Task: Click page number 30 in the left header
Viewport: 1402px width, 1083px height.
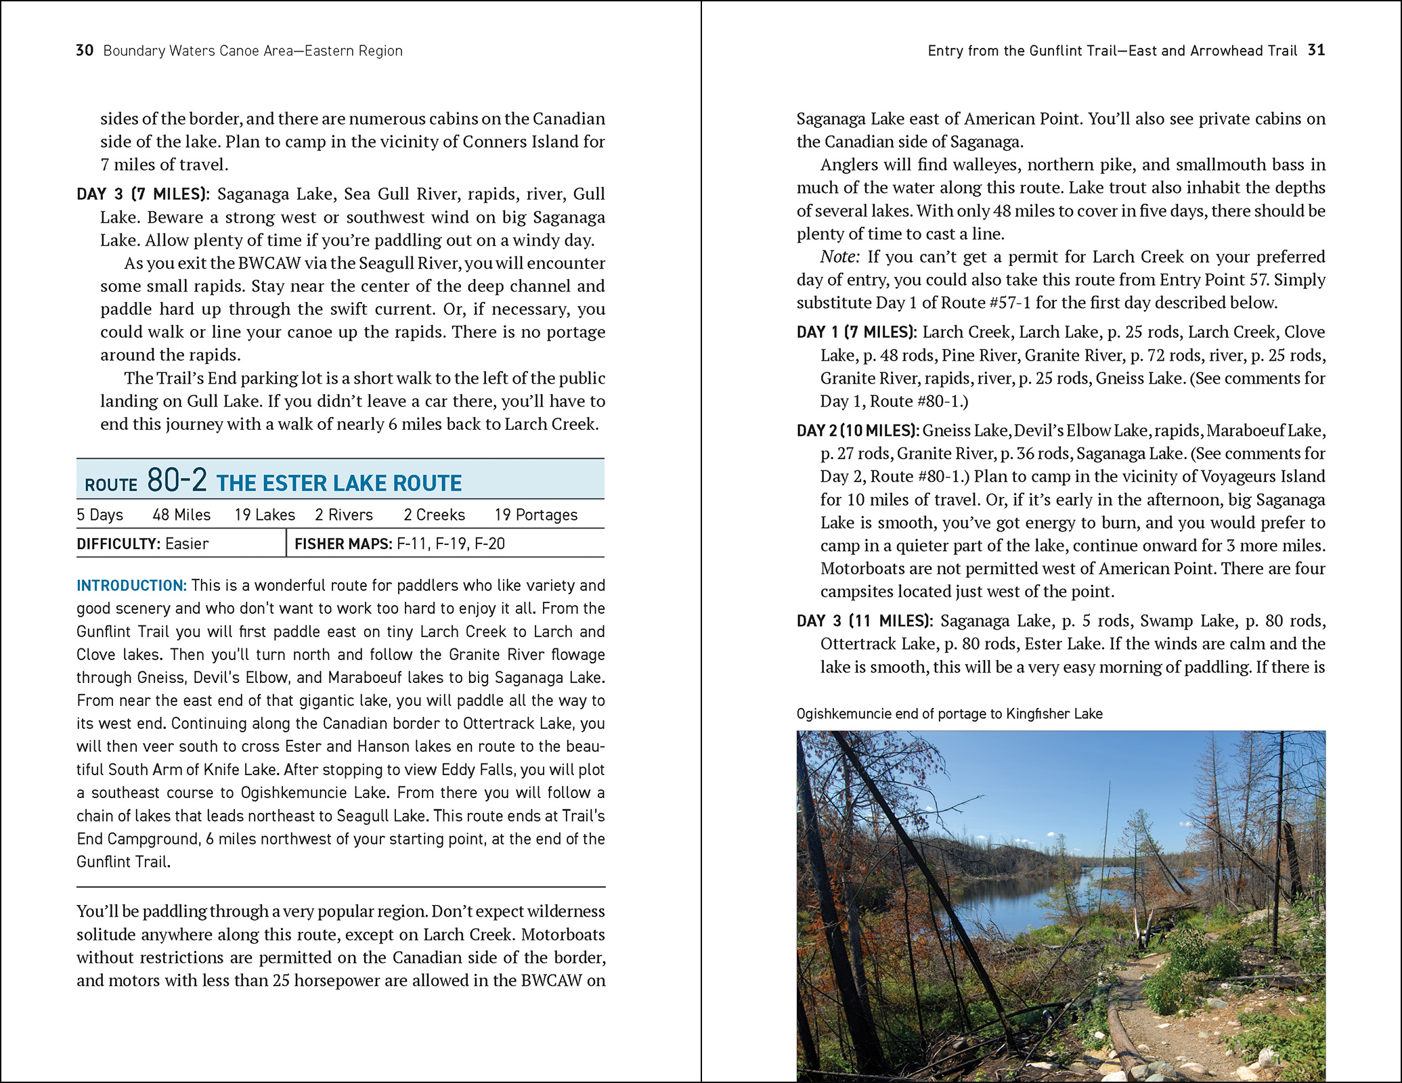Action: (x=85, y=51)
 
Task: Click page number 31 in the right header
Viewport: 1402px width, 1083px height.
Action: (x=1316, y=50)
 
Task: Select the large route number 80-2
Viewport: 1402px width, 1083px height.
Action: (x=177, y=481)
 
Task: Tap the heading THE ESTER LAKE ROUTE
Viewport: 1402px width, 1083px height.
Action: (x=339, y=483)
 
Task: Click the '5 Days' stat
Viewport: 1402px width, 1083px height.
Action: (x=100, y=515)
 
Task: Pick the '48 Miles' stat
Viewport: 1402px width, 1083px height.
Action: (x=181, y=515)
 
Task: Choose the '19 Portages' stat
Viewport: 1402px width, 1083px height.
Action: (x=535, y=515)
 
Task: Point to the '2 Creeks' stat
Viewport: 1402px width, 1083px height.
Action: (x=434, y=515)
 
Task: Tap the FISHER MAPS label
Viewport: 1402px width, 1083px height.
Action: (x=343, y=544)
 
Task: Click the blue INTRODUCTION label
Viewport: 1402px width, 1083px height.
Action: (x=131, y=585)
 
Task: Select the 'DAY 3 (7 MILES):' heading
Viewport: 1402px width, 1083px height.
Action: (x=143, y=194)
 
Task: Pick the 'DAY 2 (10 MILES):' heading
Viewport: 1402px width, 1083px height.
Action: (x=858, y=430)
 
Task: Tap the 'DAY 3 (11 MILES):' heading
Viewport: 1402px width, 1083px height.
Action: (x=864, y=621)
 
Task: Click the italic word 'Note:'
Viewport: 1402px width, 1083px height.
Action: (x=839, y=257)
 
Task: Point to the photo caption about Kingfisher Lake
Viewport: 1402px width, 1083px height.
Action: (x=949, y=713)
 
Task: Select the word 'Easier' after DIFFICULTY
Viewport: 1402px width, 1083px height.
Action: (x=187, y=544)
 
